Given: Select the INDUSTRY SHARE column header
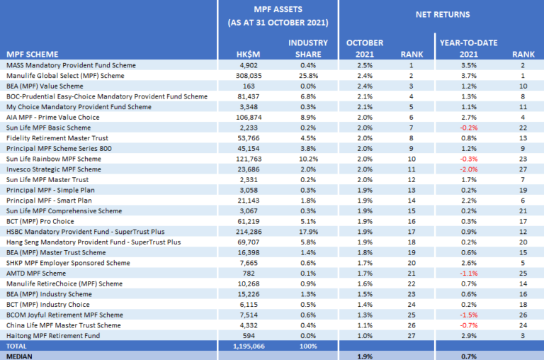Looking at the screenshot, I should pyautogui.click(x=308, y=48).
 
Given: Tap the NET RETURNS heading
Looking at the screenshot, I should pyautogui.click(x=439, y=13).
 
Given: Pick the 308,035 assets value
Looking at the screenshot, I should pyautogui.click(x=249, y=75).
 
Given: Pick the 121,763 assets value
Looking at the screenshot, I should pyautogui.click(x=249, y=159).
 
